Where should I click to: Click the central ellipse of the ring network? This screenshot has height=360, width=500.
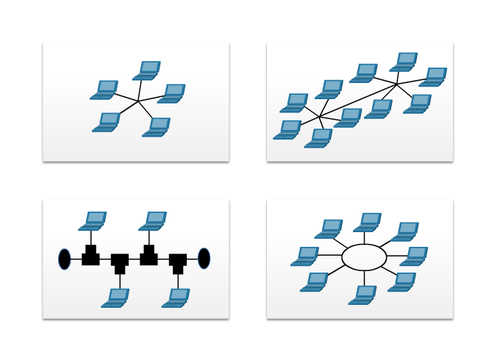point(364,257)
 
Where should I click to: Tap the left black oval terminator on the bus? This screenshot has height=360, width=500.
point(65,259)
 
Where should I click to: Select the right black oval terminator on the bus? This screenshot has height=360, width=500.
point(204,259)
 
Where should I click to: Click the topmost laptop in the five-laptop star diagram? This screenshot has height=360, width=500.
point(147,71)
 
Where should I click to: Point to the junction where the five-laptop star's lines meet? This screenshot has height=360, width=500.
point(138,101)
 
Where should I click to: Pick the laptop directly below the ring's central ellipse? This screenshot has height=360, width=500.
point(363,295)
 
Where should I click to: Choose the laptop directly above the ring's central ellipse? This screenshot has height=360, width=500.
point(368,223)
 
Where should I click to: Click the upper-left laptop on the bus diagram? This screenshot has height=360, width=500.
point(93,221)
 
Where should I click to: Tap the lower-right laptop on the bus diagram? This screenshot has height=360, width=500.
point(176,298)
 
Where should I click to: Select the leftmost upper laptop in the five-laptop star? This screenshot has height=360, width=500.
point(104,90)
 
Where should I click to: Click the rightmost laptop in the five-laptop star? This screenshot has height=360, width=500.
point(172,93)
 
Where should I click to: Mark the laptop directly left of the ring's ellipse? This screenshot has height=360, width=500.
point(305,256)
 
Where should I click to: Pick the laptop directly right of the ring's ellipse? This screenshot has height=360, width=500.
point(414,256)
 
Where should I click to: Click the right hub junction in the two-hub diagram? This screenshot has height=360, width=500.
point(397,84)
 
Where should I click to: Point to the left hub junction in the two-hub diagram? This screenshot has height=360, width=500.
point(320,117)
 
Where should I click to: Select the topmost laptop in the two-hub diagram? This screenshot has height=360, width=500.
point(404,62)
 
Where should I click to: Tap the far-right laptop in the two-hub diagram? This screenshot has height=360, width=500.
point(434,77)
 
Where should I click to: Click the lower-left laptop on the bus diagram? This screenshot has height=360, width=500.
point(116,298)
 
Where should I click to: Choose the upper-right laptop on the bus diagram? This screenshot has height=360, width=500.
point(153,221)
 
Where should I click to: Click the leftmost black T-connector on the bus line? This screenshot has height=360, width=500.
point(90,256)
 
